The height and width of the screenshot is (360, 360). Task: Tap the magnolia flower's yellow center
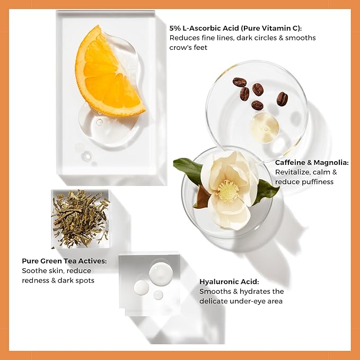pos(227,191)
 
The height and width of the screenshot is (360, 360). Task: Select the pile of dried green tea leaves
pos(81,218)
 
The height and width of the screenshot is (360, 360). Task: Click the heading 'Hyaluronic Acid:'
pos(229,282)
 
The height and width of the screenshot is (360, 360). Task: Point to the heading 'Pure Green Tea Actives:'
pos(64,261)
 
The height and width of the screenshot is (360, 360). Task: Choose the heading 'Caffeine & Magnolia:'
pos(312,162)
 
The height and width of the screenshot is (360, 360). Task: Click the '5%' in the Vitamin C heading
pos(175,28)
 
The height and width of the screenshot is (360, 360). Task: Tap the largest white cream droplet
pos(161,274)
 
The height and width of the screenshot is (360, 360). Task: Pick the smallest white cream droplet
pos(158,295)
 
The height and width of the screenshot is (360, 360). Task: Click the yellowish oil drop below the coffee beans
pos(264,128)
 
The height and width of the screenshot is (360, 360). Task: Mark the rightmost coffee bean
pos(282,99)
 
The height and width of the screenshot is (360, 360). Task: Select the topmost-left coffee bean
pos(240,82)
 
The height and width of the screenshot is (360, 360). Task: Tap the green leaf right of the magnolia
pos(267,191)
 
